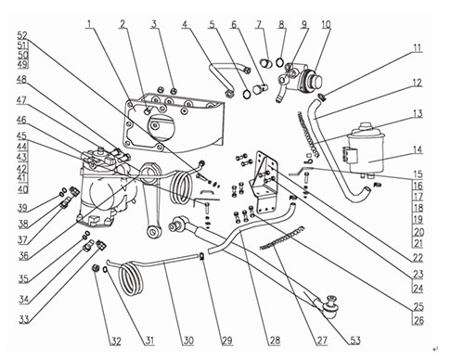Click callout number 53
[x=355, y=341]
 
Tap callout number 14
[x=418, y=149]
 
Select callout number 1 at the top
[x=90, y=24]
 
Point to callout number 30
[x=188, y=341]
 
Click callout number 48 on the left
[x=21, y=80]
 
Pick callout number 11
[x=418, y=48]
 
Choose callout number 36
[x=24, y=255]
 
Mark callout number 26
[x=419, y=320]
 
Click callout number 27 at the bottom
[x=322, y=341]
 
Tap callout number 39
[x=22, y=208]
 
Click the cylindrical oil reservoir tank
[x=366, y=149]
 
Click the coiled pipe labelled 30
[x=132, y=278]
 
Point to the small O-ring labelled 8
[x=279, y=62]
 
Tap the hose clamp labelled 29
[x=201, y=256]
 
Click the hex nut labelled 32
[x=96, y=268]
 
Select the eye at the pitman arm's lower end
[x=154, y=232]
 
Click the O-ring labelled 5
[x=247, y=95]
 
